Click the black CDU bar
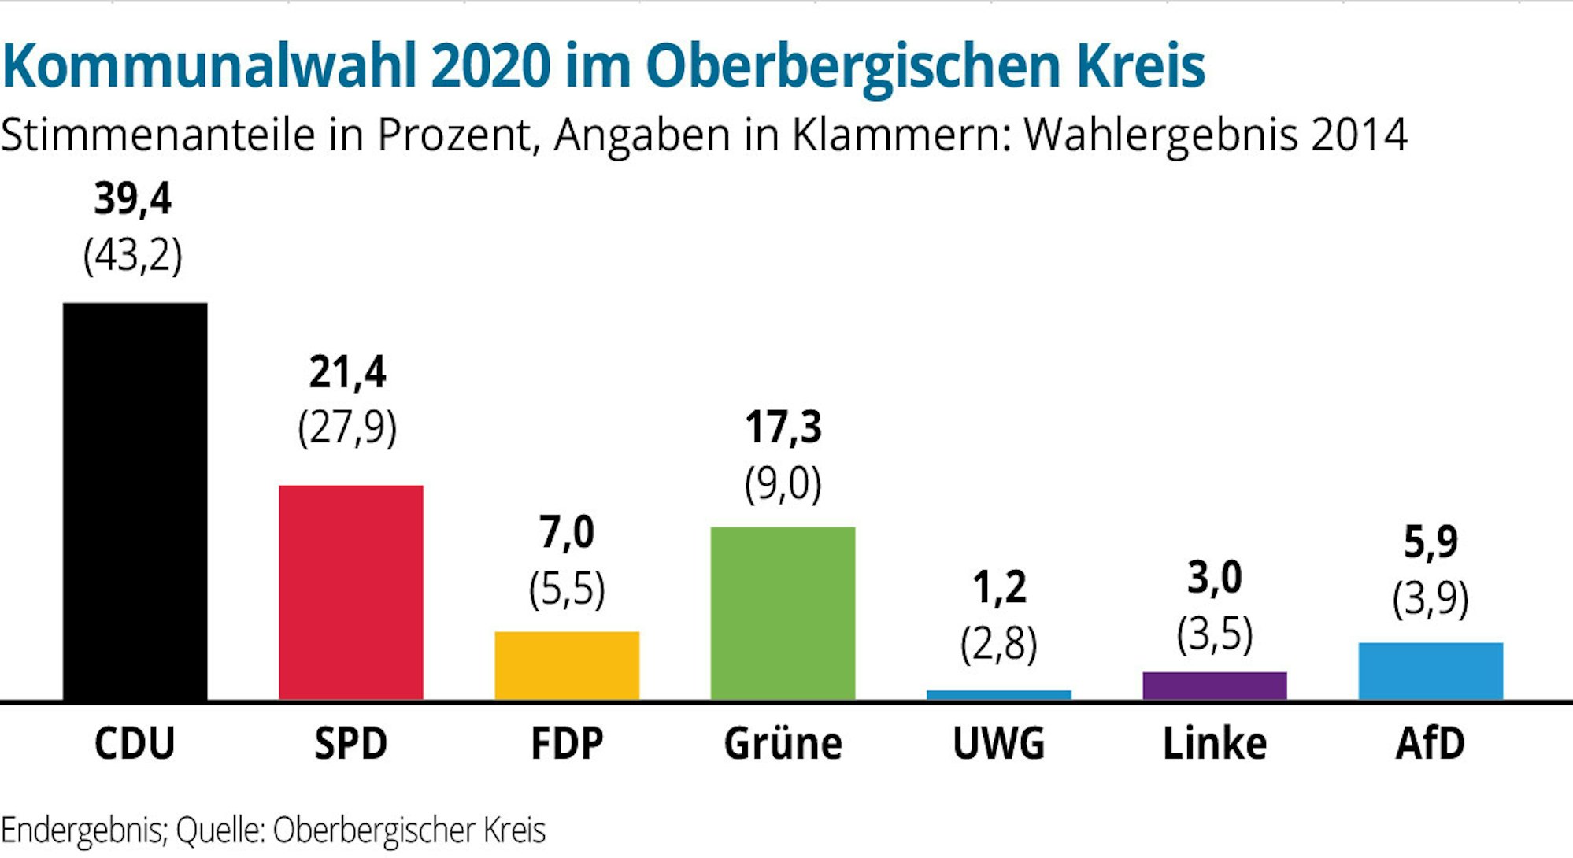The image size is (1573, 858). point(135,501)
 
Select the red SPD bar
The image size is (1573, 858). point(351,592)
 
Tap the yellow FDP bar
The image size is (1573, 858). point(567,665)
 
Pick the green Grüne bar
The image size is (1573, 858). point(783,612)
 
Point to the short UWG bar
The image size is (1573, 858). point(998,695)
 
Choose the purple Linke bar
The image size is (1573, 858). point(1214,686)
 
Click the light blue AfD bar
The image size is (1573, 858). point(1431,671)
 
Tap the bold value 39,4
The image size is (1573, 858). point(132,198)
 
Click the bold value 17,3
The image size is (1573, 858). point(783,427)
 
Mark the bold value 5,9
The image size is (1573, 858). point(1431,542)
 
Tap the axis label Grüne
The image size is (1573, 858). point(783,743)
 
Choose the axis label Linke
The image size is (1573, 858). point(1214,743)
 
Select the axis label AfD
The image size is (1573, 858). point(1431,743)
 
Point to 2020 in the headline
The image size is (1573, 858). point(490,66)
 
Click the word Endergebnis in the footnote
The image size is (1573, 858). point(83,830)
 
